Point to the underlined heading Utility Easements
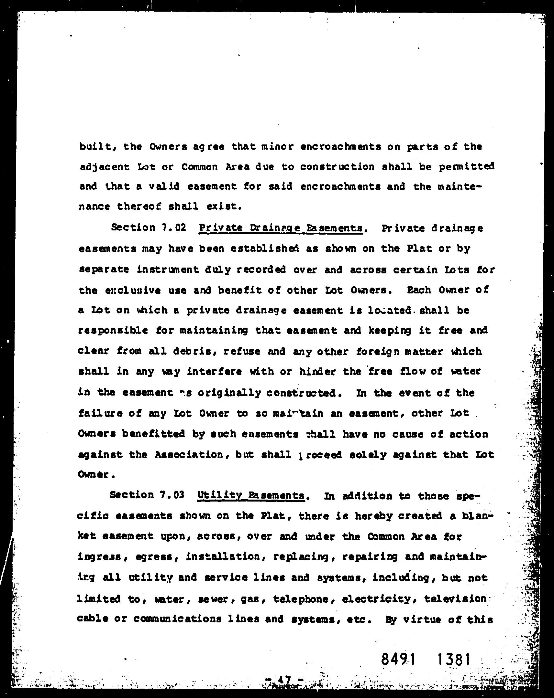(x=251, y=495)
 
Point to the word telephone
(x=300, y=598)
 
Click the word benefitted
(x=153, y=434)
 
